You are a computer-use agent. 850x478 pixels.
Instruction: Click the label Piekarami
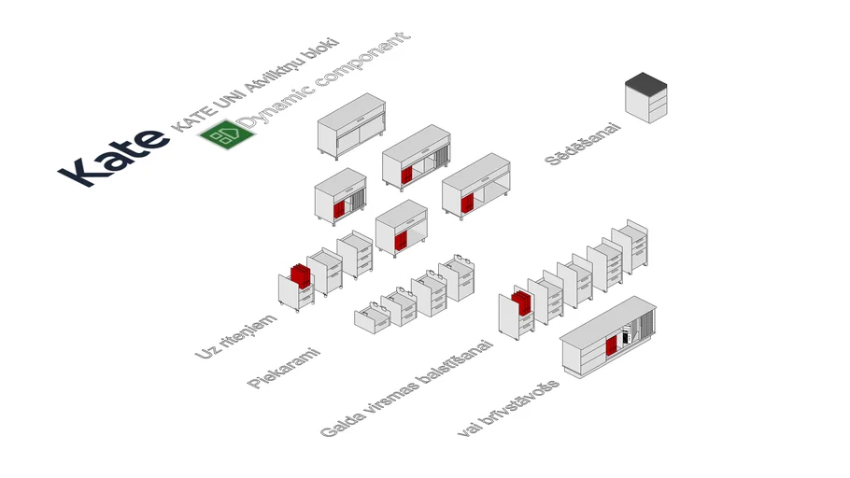284,368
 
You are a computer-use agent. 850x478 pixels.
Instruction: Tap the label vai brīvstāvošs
509,409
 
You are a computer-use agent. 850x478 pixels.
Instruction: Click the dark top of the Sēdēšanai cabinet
647,82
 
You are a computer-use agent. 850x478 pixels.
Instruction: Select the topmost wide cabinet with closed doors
351,125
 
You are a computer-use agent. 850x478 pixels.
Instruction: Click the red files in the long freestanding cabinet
612,345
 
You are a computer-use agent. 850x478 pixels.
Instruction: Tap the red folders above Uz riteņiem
299,274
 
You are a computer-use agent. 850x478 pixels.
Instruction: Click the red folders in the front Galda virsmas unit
520,302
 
